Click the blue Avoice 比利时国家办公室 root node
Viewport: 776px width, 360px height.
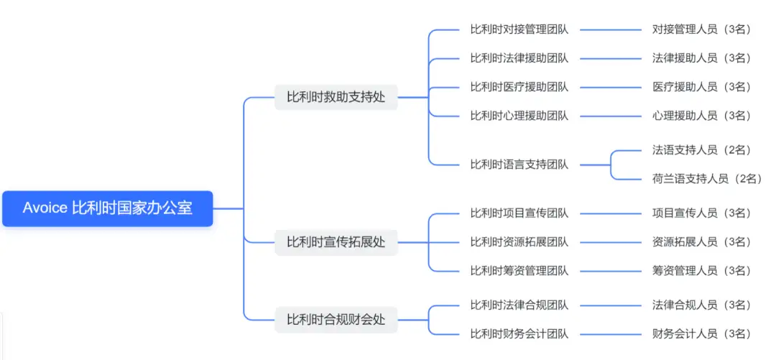pyautogui.click(x=108, y=208)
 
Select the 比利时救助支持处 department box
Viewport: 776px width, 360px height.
pyautogui.click(x=336, y=97)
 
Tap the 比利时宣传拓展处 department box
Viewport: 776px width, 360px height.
pyautogui.click(x=336, y=242)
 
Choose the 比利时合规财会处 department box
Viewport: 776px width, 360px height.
pyautogui.click(x=336, y=320)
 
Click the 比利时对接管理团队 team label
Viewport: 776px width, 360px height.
pyautogui.click(x=519, y=29)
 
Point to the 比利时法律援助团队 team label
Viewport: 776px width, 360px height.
pyautogui.click(x=519, y=58)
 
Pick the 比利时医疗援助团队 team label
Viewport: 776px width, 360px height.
pyautogui.click(x=519, y=87)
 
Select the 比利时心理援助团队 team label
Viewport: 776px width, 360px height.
pyautogui.click(x=519, y=116)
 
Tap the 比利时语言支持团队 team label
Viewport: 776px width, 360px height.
pyautogui.click(x=519, y=165)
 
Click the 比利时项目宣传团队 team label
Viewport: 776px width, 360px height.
pyautogui.click(x=519, y=213)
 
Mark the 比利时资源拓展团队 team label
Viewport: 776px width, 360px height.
pyautogui.click(x=519, y=242)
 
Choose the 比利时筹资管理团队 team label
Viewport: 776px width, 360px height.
pyautogui.click(x=519, y=271)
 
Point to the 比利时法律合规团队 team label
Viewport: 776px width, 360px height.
pyautogui.click(x=519, y=305)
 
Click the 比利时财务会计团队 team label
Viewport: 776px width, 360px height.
pyautogui.click(x=519, y=334)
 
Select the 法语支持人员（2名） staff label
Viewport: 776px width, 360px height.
pyautogui.click(x=701, y=150)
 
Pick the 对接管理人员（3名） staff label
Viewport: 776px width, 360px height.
pyautogui.click(x=701, y=29)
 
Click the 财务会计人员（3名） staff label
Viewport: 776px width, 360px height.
pyautogui.click(x=701, y=334)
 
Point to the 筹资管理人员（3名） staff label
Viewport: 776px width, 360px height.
pyautogui.click(x=701, y=271)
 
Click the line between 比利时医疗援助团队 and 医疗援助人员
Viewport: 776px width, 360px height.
pyautogui.click(x=611, y=88)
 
